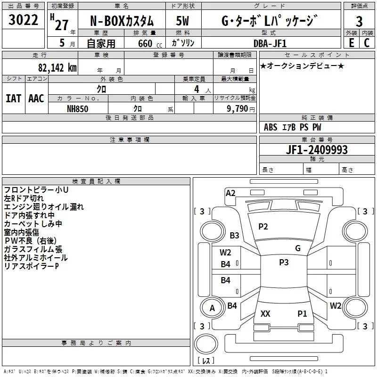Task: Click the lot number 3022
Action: click(x=24, y=20)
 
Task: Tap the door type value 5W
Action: click(x=183, y=21)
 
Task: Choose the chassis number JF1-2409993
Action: click(x=316, y=149)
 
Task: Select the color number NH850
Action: click(x=78, y=108)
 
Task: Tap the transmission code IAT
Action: click(x=13, y=98)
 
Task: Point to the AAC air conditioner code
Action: click(x=36, y=98)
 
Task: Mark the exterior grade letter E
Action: click(x=351, y=42)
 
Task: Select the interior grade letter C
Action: click(x=367, y=42)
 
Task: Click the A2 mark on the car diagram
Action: click(x=230, y=193)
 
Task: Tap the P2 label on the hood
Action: click(x=263, y=227)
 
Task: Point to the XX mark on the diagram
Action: click(x=265, y=313)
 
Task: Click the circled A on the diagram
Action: click(x=212, y=308)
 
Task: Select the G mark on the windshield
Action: click(x=298, y=248)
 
